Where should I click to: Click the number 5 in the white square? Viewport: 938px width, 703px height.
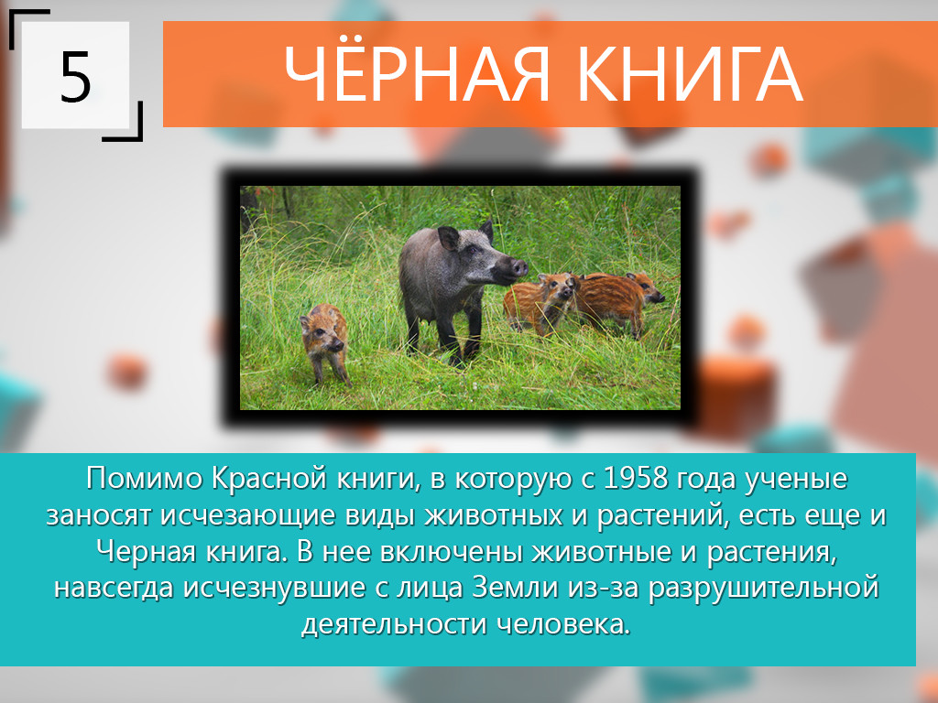pyautogui.click(x=75, y=77)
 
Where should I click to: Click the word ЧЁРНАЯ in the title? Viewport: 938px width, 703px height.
pyautogui.click(x=416, y=74)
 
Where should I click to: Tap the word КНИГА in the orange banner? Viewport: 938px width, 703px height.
pyautogui.click(x=689, y=75)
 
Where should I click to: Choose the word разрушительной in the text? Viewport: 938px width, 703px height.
pyautogui.click(x=763, y=589)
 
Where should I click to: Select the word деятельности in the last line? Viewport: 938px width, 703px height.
pyautogui.click(x=395, y=624)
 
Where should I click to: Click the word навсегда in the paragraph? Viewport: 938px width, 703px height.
pyautogui.click(x=115, y=589)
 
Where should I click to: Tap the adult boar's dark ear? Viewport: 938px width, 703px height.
pyautogui.click(x=448, y=238)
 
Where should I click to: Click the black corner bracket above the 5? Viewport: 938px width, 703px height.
pyautogui.click(x=27, y=18)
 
